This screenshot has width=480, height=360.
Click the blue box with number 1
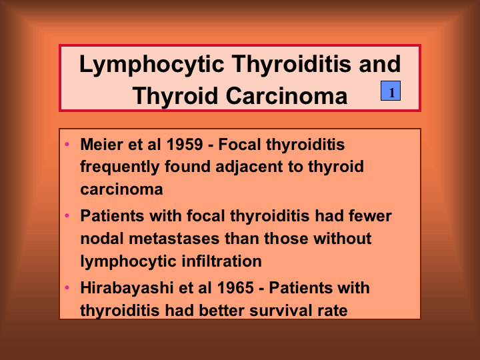coord(391,91)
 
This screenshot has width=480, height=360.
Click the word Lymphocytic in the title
coord(151,65)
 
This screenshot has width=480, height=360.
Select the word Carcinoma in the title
coord(287,96)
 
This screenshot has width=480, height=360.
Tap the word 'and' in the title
coord(380,64)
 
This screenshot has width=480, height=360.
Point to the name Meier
coord(101,144)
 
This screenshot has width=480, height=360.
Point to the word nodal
coord(102,239)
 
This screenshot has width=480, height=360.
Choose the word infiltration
coord(221,261)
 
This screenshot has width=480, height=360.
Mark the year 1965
coord(235,288)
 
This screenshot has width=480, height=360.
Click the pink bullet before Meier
coord(67,144)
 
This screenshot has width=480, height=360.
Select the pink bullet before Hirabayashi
coord(67,287)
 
